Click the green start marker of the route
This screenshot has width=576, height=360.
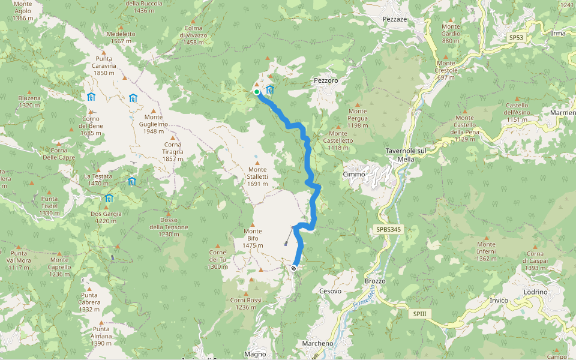[257, 92]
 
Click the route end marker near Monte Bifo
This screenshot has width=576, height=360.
[293, 268]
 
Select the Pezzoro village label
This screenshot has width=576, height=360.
[326, 80]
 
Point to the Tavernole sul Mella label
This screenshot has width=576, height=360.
[406, 155]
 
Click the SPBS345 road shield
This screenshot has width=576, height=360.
[389, 229]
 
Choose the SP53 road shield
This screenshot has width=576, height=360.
[516, 37]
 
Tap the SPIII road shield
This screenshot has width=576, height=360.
[419, 314]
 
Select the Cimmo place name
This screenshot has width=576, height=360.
[354, 174]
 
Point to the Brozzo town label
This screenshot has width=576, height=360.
[375, 281]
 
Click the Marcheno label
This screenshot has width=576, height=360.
[317, 343]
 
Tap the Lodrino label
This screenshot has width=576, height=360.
[535, 292]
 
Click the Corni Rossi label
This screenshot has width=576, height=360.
[246, 303]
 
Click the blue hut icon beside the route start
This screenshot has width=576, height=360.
[269, 91]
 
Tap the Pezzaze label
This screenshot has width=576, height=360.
[395, 20]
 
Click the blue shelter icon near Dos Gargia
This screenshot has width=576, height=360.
[109, 199]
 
